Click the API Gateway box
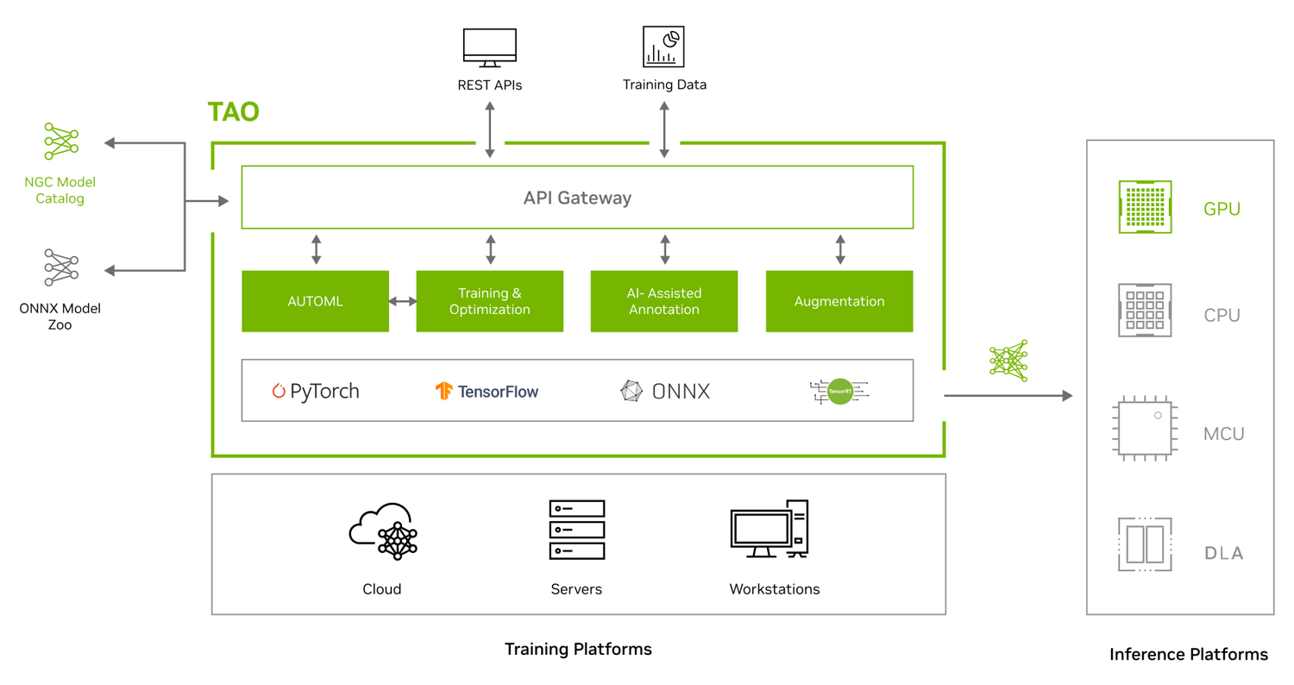click(x=577, y=198)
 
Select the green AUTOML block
click(x=316, y=301)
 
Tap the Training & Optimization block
click(x=490, y=301)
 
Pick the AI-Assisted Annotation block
click(x=664, y=301)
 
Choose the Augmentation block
click(x=839, y=301)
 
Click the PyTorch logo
click(x=316, y=392)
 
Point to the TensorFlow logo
click(x=487, y=392)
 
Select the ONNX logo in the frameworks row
click(x=664, y=392)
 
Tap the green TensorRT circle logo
click(x=840, y=392)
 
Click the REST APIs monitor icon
click(x=490, y=48)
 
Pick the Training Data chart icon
click(x=663, y=47)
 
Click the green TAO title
click(x=234, y=111)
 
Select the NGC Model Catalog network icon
click(x=61, y=141)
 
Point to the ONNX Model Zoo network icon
click(x=61, y=267)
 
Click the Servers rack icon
click(x=576, y=530)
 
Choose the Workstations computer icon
click(x=769, y=529)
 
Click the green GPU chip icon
click(x=1145, y=207)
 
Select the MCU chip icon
click(x=1145, y=428)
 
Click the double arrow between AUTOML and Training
click(x=403, y=301)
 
